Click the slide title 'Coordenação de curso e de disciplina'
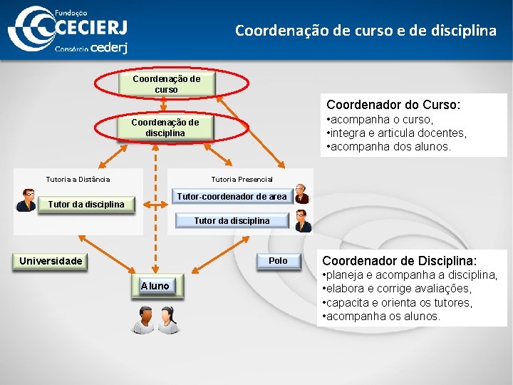pos(366,31)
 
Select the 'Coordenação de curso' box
pos(166,84)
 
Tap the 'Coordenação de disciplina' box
pos(165,128)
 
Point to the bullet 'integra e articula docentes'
pos(397,133)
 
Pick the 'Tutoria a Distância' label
pos(78,179)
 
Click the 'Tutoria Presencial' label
pos(242,179)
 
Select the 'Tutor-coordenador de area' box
pos(232,196)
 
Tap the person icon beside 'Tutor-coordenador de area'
pos(303,194)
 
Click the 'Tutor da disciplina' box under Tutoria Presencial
pos(232,220)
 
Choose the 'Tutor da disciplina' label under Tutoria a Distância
pos(85,205)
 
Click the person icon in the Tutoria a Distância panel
pos(26,200)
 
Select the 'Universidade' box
pos(51,261)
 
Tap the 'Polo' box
pos(278,261)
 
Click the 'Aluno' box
pos(155,286)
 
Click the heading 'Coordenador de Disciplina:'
pos(400,261)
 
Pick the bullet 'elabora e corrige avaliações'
pos(396,289)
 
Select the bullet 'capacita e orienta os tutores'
pos(397,302)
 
